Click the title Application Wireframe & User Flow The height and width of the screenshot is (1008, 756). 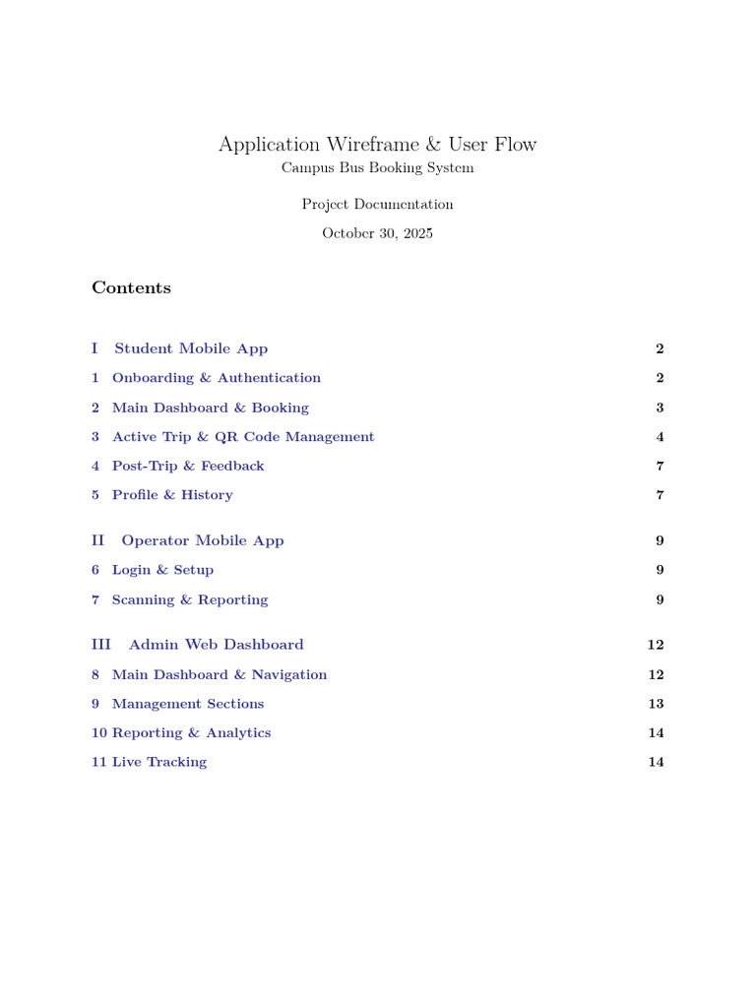coord(377,145)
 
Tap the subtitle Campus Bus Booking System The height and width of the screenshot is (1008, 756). coord(377,168)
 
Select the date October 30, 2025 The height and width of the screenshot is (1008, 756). coord(377,233)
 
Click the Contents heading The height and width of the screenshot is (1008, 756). coord(131,287)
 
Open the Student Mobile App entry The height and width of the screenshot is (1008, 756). coord(191,348)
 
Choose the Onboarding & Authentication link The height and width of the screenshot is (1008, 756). coord(216,378)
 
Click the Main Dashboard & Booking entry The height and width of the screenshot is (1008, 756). coord(210,408)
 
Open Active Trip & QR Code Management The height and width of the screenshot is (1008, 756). coord(243,437)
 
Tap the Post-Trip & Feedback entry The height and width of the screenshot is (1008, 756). coord(188,466)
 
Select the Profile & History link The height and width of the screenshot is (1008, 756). coord(172,495)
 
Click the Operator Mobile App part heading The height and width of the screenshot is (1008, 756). coord(202,540)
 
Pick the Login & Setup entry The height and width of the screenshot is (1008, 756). coord(162,570)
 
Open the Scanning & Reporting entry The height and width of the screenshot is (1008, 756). coord(190,599)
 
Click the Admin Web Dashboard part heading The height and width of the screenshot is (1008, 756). coord(216,645)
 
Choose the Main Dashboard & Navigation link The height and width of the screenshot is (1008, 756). coord(220,674)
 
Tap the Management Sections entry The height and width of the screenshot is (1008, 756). coord(188,704)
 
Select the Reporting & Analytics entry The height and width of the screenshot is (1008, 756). coord(191,733)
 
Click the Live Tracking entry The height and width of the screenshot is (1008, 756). coord(159,762)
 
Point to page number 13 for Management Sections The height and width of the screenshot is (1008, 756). coord(656,704)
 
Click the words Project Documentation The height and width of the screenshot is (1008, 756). coord(377,205)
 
